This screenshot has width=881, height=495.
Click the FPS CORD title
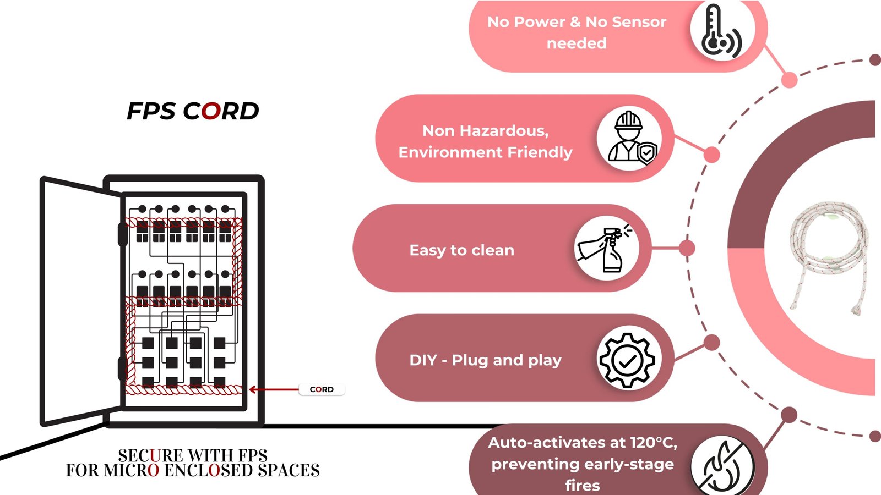(x=193, y=111)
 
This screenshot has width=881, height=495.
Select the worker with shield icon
(x=630, y=138)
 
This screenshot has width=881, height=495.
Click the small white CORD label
(x=322, y=389)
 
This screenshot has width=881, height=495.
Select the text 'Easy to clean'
(x=461, y=250)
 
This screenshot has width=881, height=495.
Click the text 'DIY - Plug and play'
(x=485, y=360)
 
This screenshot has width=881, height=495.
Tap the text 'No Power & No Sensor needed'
(x=577, y=32)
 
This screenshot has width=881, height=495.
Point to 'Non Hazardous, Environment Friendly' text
(x=485, y=141)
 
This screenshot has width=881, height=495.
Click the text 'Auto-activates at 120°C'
(x=582, y=443)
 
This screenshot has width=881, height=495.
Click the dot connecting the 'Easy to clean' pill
(x=687, y=248)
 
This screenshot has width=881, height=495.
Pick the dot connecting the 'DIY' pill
(x=712, y=343)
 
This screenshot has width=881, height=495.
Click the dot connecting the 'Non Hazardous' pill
(x=711, y=155)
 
